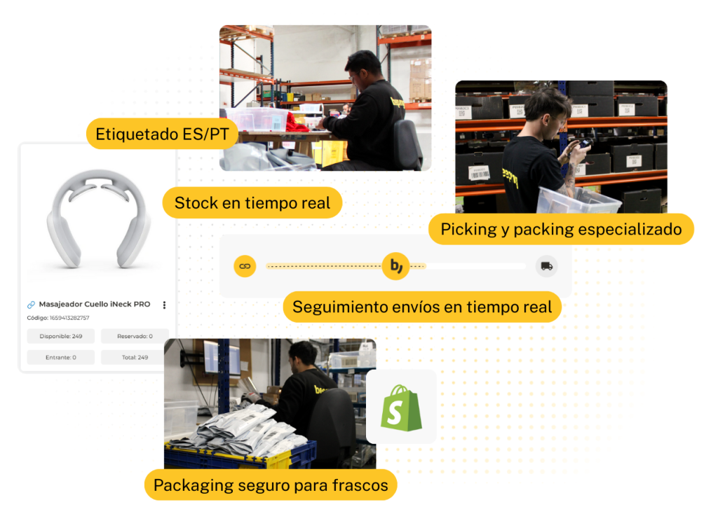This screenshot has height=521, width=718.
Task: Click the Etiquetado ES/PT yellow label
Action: click(x=162, y=134)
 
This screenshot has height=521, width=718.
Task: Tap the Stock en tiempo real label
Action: click(x=252, y=202)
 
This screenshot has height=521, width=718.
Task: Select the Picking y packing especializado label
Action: click(x=561, y=229)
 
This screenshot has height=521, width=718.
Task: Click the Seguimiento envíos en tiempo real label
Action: click(x=422, y=307)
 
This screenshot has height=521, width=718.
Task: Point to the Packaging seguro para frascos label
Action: click(x=271, y=485)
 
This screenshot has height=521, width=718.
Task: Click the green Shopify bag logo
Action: click(x=401, y=408)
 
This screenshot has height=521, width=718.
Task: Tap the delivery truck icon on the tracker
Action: click(x=546, y=266)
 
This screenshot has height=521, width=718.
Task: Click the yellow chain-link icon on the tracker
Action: click(x=245, y=266)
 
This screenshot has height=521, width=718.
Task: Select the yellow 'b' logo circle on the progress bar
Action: click(x=395, y=266)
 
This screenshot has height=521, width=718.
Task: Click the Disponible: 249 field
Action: click(x=61, y=336)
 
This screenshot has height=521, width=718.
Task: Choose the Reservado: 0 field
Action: click(x=135, y=336)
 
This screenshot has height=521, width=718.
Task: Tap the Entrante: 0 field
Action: click(x=61, y=357)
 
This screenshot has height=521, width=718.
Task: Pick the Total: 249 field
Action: click(x=135, y=357)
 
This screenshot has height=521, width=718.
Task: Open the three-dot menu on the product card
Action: click(x=164, y=305)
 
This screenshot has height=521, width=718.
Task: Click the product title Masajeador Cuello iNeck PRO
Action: click(x=95, y=304)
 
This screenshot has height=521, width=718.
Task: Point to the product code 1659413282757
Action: click(x=69, y=318)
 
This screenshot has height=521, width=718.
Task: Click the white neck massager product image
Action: click(x=99, y=218)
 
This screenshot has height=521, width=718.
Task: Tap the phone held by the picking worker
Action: click(x=585, y=144)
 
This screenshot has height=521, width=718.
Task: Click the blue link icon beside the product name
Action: click(x=31, y=305)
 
